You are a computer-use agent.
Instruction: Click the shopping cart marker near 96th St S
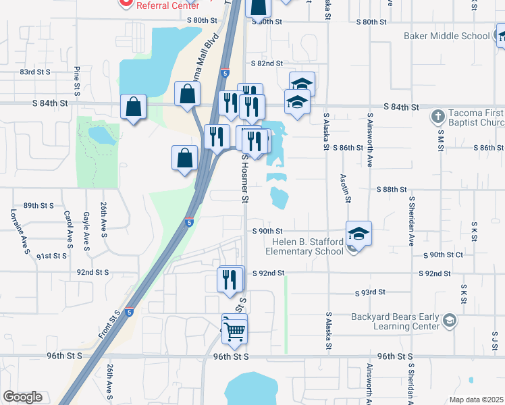(x=234, y=330)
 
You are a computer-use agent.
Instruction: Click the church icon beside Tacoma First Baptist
(x=437, y=115)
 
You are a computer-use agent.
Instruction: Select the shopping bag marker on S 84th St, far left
(x=134, y=107)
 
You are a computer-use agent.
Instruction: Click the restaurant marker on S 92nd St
(x=230, y=279)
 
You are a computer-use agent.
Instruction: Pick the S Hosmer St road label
(x=246, y=178)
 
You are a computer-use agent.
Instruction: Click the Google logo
(x=22, y=397)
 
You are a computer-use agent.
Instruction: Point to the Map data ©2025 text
(x=476, y=400)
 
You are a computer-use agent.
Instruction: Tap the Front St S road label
(x=107, y=325)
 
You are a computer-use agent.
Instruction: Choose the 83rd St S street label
(x=36, y=72)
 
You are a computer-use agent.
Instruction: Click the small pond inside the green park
(x=101, y=136)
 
